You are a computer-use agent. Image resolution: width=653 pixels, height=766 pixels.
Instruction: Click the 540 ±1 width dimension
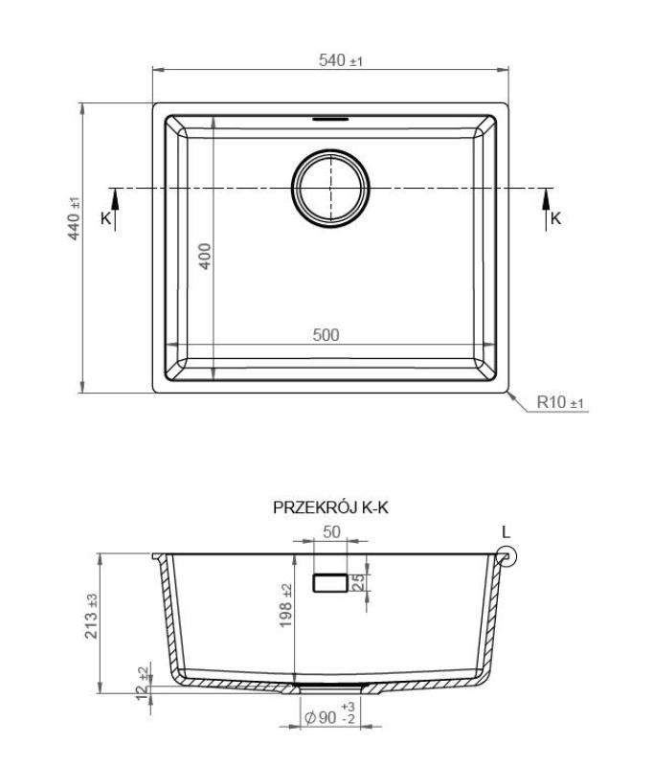coord(341,61)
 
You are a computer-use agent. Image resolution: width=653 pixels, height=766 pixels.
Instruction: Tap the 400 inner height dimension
coord(204,256)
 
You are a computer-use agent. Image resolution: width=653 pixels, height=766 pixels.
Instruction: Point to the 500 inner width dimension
coord(326,335)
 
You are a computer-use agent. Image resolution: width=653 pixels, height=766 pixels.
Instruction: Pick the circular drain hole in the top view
coord(330,189)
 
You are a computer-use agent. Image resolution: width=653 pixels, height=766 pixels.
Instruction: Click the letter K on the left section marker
coord(105,218)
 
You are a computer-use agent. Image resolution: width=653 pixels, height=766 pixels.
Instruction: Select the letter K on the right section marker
coord(556,218)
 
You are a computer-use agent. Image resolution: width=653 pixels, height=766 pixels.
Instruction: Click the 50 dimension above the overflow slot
coord(331,532)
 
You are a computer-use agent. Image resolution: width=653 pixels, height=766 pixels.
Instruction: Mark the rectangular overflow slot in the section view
coord(331,581)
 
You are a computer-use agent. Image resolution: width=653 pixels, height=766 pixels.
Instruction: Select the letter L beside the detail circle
coord(507,532)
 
